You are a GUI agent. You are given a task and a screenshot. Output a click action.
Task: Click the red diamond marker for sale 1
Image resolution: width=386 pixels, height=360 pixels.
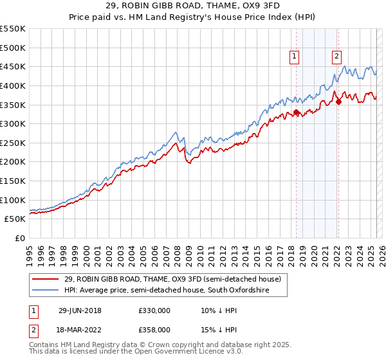296,113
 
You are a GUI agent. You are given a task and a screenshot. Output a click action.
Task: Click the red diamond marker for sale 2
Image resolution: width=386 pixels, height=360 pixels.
338,102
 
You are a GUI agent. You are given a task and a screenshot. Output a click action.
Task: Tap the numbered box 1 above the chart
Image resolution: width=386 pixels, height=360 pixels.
294,57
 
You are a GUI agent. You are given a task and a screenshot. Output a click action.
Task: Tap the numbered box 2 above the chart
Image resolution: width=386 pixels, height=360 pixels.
336,57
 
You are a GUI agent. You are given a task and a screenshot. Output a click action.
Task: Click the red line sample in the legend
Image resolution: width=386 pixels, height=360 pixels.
45,280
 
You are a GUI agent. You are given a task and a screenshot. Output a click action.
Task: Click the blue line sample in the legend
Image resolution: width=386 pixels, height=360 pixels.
45,291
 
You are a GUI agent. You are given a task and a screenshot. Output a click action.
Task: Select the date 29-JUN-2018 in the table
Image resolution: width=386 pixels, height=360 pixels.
80,310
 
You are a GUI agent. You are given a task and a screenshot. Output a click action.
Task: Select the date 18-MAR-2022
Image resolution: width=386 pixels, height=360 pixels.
80,329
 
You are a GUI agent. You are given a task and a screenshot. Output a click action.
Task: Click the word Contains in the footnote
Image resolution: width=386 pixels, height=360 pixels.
45,345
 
